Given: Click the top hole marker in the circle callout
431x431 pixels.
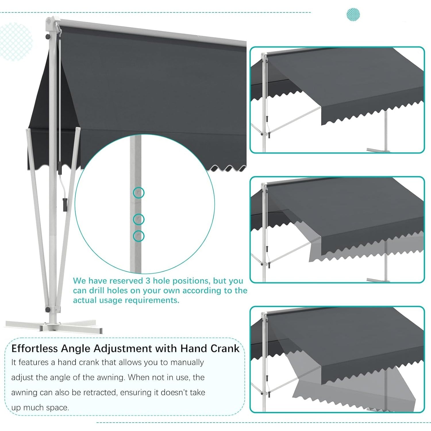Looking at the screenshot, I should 139,193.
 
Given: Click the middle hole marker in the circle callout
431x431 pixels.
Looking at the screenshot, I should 139,220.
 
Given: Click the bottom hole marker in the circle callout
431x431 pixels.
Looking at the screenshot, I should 139,236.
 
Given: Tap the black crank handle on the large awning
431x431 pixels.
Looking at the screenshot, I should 65,204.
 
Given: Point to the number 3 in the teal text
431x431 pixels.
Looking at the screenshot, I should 148,281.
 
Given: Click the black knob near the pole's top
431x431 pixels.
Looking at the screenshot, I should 47,37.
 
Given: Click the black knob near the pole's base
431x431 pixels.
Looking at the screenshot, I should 47,310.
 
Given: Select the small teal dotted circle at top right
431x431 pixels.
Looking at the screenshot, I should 353,14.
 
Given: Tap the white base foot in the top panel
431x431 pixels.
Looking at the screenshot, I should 378,150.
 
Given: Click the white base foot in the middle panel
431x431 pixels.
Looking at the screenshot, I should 378,280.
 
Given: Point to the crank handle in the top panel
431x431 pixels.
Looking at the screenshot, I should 267,119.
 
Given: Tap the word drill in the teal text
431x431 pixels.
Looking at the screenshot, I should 101,290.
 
